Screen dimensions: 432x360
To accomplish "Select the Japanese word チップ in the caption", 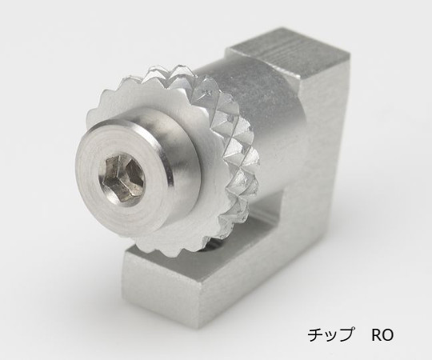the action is pos(330,335).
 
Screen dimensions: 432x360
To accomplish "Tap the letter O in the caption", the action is pos(388,335).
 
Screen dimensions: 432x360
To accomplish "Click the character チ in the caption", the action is pos(315,335).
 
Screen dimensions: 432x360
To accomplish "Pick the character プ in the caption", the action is pos(346,334).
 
